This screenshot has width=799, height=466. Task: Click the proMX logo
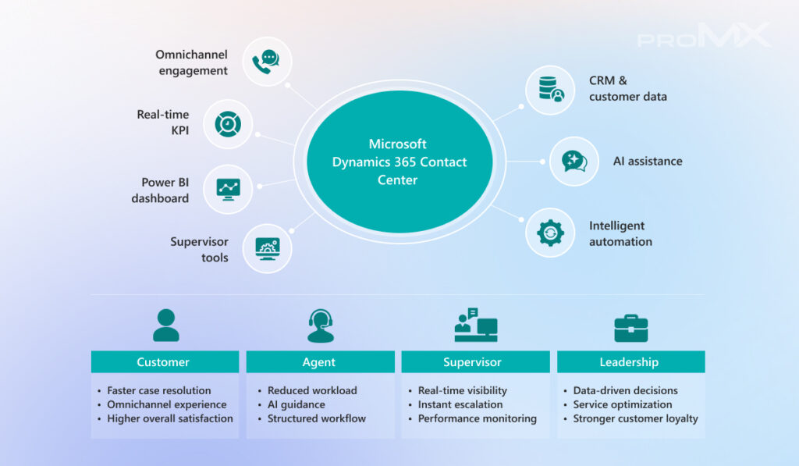point(704,36)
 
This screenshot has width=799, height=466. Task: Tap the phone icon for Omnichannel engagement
point(267,62)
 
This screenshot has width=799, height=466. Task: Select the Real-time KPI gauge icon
point(228,123)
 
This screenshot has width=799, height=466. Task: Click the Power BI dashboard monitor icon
point(228,188)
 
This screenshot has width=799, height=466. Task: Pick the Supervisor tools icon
point(267,249)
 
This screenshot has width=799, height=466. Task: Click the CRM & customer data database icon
point(550,88)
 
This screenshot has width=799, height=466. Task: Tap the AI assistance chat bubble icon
point(574,162)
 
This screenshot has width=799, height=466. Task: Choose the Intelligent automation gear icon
point(550,233)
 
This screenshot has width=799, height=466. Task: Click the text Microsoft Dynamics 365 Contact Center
point(399,162)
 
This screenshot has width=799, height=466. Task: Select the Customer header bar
point(164,362)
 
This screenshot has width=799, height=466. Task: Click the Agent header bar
point(319,362)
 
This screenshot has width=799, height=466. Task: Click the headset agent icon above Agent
point(320,326)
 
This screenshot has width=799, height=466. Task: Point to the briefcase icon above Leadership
point(630,328)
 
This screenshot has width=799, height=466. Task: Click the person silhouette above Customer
point(165,326)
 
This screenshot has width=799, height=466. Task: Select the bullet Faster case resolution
point(159,390)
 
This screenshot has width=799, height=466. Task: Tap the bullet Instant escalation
point(460,404)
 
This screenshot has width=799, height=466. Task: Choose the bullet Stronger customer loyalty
point(635,418)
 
